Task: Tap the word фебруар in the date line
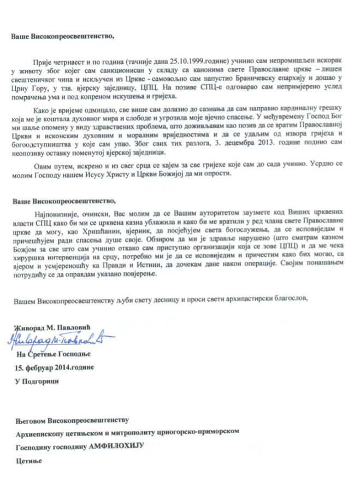tap(40, 367)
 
